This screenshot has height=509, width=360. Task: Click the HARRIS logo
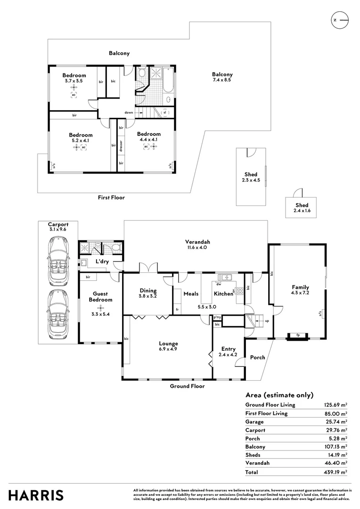click(x=36, y=495)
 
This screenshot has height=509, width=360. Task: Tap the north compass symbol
click(x=339, y=20)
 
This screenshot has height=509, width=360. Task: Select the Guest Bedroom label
click(x=100, y=296)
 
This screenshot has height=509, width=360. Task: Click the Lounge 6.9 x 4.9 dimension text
click(x=168, y=349)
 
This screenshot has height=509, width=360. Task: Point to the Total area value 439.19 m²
click(x=335, y=472)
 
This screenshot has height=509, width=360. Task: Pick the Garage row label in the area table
click(x=254, y=422)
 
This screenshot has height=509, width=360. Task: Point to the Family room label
click(x=300, y=287)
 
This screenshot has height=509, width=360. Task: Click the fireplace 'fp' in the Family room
click(x=297, y=336)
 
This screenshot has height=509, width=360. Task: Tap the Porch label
click(x=258, y=357)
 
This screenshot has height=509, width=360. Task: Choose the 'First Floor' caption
click(x=111, y=197)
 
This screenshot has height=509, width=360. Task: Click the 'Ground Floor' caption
click(x=188, y=386)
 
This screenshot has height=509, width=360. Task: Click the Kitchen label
click(x=223, y=294)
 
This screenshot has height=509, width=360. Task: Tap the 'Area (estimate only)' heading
click(x=279, y=395)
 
